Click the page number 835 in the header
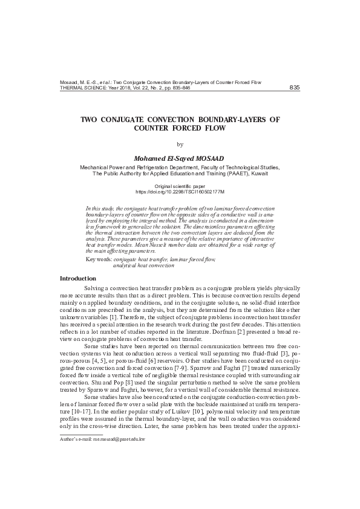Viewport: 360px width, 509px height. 295,88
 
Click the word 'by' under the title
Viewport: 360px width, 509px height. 180,144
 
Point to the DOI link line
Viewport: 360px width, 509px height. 180,191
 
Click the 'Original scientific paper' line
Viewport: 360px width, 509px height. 180,186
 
